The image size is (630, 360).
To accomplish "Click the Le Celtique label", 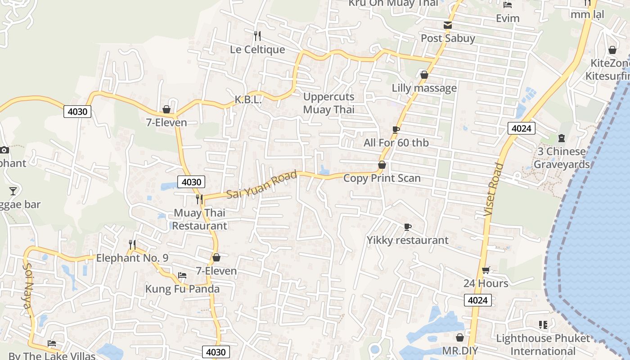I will coord(257,49).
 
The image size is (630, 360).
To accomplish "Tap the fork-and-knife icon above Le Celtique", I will coord(257,36).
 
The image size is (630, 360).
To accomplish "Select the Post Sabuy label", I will coord(448,38).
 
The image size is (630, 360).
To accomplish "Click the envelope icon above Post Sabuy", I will coord(448,25).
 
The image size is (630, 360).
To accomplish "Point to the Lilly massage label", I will coord(424,88).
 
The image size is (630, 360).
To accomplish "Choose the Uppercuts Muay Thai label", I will coord(328,103).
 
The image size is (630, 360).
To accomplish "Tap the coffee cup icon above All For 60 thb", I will coord(396,130).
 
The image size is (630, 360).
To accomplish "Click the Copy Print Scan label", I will coord(382,178).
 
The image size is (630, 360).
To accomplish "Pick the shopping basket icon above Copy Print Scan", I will coord(382,165).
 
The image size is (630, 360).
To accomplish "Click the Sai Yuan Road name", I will coord(262,185).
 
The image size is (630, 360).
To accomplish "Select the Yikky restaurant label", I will coord(407,240).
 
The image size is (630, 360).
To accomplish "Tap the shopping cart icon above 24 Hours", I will coord(486,270).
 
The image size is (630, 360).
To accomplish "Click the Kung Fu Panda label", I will coord(182,289).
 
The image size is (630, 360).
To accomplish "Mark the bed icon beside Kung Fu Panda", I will coord(182,275).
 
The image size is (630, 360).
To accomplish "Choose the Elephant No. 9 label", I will coord(132,258).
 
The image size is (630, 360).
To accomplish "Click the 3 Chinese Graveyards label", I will coord(562,158).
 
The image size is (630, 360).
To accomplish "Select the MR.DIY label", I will coord(459,351).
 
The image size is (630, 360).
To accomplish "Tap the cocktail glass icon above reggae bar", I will coord(13,191).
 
